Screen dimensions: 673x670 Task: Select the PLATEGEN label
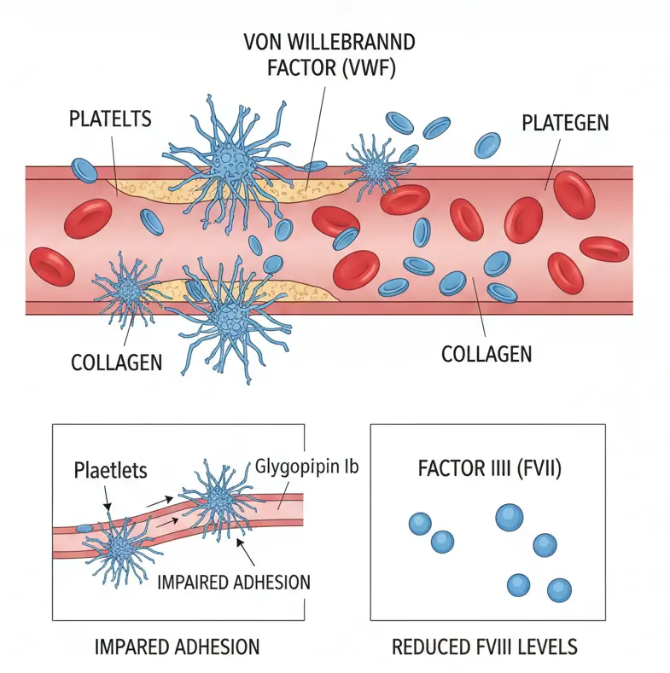coord(564,122)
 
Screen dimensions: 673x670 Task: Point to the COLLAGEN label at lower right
coord(486,353)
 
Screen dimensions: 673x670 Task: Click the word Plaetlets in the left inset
coord(110,470)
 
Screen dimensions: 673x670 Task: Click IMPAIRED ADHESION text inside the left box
coord(233,583)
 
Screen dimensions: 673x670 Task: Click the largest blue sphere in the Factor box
coord(509,516)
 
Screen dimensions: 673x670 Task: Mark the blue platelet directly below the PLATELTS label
coord(84,170)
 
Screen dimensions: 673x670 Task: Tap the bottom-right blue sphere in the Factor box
coord(559,589)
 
